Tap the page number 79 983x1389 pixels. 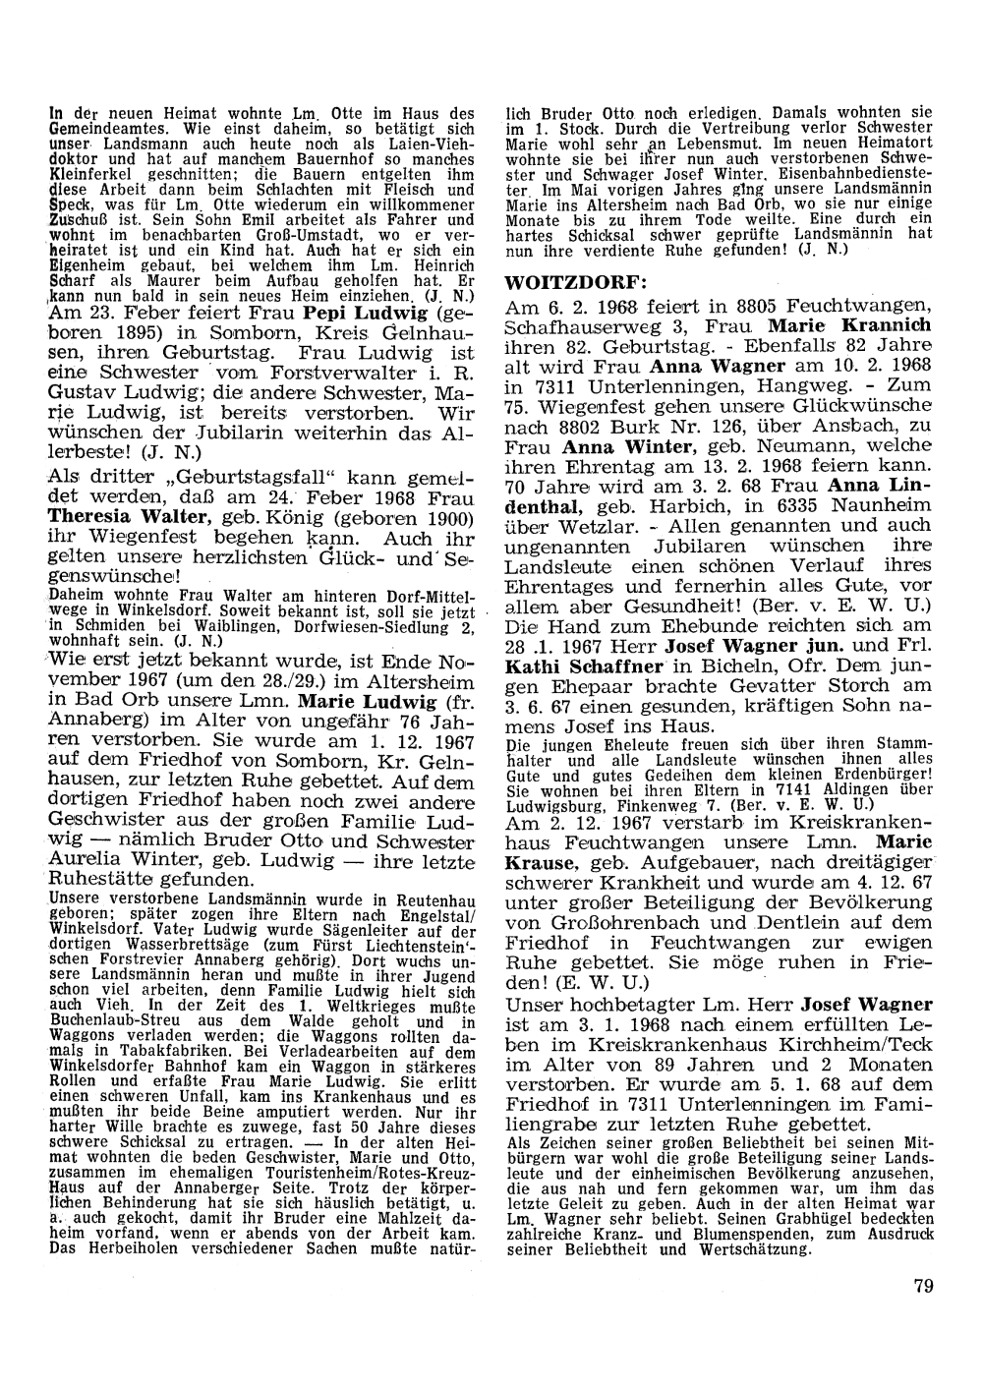(x=922, y=1285)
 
